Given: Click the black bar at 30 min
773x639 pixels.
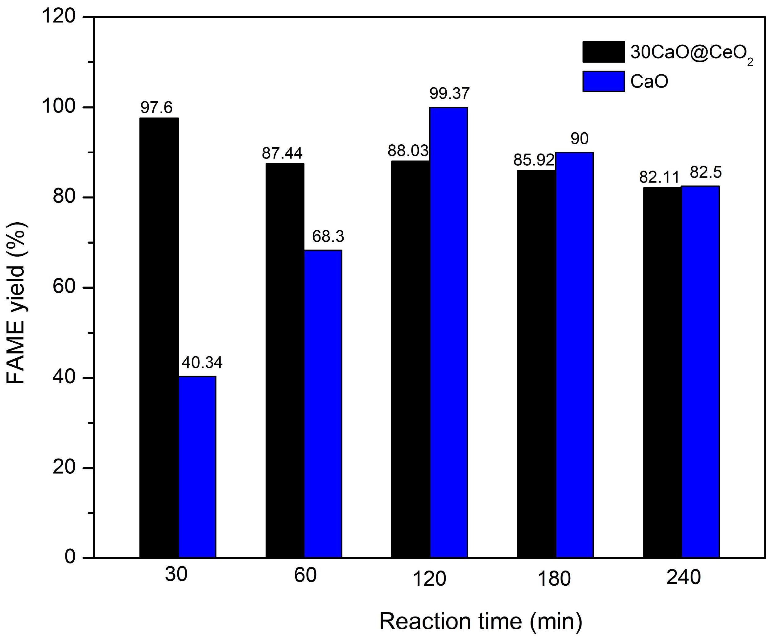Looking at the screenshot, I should tap(159, 337).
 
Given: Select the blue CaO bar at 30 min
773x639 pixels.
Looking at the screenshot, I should tap(197, 467).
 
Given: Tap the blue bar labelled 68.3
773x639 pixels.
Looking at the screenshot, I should tap(323, 404).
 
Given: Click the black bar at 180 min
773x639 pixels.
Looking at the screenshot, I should tap(536, 364).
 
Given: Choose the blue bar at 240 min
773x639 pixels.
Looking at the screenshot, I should tap(700, 372).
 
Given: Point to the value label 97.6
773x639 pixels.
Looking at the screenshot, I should tap(156, 108).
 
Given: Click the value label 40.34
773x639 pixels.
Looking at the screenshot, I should tap(202, 363).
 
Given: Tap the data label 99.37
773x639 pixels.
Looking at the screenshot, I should tap(449, 93).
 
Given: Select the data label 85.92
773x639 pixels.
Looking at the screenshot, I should tap(534, 160).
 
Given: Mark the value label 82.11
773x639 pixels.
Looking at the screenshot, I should tap(659, 177).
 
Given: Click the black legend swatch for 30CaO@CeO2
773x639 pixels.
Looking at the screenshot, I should tap(603, 52).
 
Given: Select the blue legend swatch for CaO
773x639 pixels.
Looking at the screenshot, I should tap(603, 81).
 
